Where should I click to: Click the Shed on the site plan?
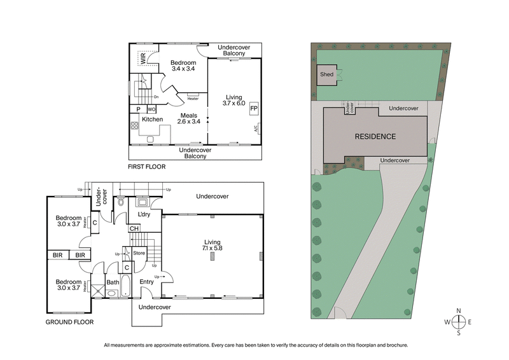[x=327, y=74]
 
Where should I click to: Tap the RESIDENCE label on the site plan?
[x=375, y=136]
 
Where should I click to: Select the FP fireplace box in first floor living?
[x=253, y=108]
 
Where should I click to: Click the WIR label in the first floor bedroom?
[x=143, y=59]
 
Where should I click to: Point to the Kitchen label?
[x=152, y=120]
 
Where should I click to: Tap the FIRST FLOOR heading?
[x=147, y=167]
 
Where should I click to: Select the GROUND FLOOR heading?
[x=69, y=322]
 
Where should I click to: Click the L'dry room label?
[x=144, y=214]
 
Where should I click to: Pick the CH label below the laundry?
[x=134, y=229]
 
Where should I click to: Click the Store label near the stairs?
[x=139, y=253]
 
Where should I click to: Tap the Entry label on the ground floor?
[x=146, y=282]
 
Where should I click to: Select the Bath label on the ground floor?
[x=113, y=282]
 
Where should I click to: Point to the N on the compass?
[x=458, y=311]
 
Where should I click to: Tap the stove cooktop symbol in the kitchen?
[x=135, y=125]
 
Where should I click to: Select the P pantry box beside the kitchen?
[x=138, y=109]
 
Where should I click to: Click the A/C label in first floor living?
[x=256, y=128]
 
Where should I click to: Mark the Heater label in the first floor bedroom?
[x=193, y=99]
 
